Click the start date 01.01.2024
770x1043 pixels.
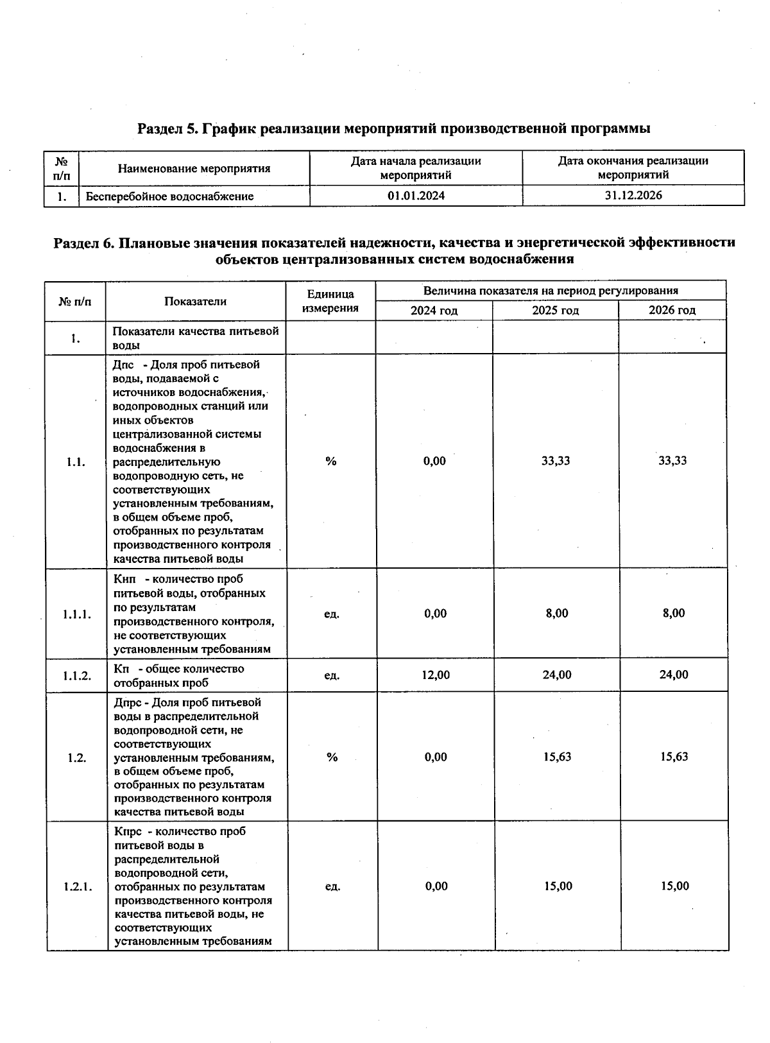416,196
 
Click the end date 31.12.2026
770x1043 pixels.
633,195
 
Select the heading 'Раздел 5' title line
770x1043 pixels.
394,128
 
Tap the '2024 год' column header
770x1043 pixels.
434,311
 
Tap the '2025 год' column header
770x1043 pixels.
555,311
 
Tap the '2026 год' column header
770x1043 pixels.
672,311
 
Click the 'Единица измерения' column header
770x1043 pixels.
330,301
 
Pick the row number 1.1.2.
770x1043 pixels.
76,675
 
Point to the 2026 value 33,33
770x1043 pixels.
672,461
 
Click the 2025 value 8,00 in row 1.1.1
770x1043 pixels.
557,614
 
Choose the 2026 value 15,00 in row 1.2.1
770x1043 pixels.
675,886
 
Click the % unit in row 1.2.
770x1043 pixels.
332,757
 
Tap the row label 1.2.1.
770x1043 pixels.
78,887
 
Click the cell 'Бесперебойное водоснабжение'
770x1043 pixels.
170,196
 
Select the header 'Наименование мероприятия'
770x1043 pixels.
194,169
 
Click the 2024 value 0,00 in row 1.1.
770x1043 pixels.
434,461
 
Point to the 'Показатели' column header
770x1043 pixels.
195,301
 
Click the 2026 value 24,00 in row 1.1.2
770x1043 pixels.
674,675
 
